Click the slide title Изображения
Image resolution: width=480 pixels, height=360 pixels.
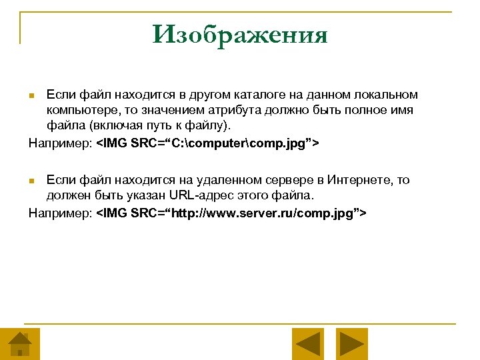click(240, 34)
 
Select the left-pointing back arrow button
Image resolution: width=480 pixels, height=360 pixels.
click(308, 344)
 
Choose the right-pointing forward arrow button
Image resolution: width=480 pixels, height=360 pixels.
click(351, 344)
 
